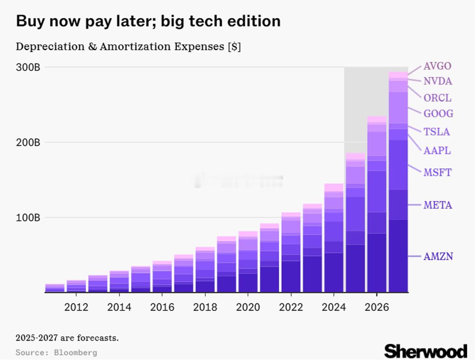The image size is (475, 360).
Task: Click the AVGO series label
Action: click(437, 66)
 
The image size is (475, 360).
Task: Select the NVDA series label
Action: click(438, 82)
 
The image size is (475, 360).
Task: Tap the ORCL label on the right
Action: click(437, 98)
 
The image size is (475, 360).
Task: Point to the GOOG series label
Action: click(438, 114)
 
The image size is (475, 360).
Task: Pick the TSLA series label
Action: click(436, 132)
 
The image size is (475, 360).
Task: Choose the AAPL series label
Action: click(437, 151)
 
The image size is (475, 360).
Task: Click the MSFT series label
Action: click(437, 173)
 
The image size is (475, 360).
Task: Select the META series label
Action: click(438, 205)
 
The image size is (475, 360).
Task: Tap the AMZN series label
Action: click(438, 256)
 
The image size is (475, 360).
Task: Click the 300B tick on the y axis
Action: click(28, 67)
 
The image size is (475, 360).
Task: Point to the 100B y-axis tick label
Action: click(28, 218)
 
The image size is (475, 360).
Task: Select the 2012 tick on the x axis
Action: click(76, 307)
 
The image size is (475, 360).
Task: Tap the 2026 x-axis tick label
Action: click(377, 307)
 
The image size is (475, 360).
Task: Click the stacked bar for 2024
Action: click(334, 241)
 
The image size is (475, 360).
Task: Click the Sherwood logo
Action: click(426, 350)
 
